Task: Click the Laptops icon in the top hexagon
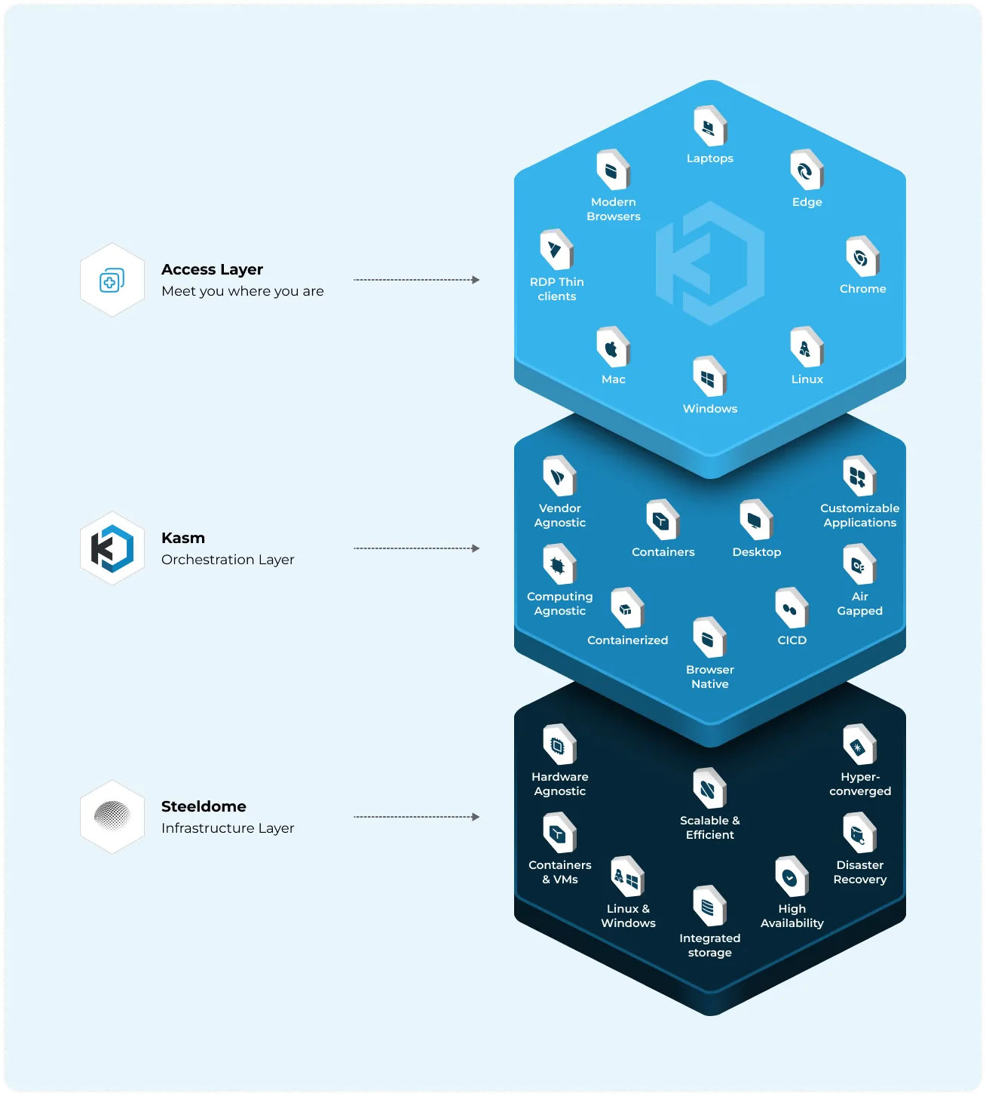point(709,126)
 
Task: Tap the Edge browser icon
point(807,170)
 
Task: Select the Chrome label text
point(862,288)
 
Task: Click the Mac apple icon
point(613,348)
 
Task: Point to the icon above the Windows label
point(709,377)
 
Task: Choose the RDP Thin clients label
point(556,289)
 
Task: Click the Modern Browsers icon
point(613,170)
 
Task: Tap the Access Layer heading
point(212,269)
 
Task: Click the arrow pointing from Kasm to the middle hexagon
point(416,548)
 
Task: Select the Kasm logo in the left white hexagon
point(112,548)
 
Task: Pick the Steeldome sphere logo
point(112,816)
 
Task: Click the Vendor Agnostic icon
point(559,477)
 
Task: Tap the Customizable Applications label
point(859,515)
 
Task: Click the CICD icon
point(792,609)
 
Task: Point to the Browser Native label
point(709,677)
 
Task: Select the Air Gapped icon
point(859,564)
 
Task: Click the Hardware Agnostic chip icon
point(559,744)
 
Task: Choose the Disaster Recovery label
point(859,872)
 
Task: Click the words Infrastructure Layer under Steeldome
point(227,828)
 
